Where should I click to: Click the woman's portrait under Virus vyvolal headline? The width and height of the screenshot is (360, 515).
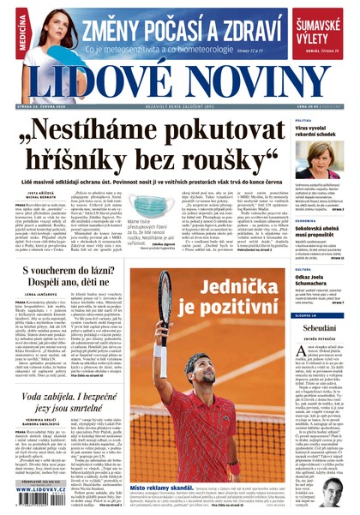tap(320, 160)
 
